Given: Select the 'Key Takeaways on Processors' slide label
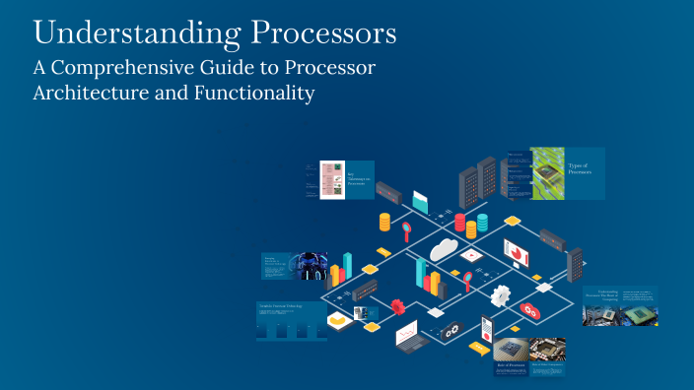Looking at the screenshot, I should pos(359,179).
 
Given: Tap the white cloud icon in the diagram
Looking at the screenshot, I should pos(446,248).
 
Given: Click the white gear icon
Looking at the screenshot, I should pos(502,294).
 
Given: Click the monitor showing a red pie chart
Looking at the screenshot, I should pos(517,252).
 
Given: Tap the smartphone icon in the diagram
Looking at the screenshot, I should pos(485,328).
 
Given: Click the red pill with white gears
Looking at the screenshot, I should pos(530,311).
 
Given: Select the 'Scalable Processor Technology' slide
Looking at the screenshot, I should pos(292,321).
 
